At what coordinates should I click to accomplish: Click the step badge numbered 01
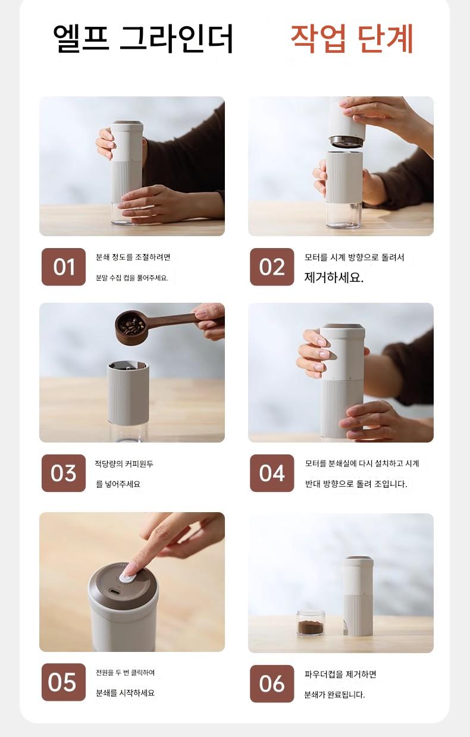tap(64, 267)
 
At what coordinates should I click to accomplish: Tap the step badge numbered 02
tap(272, 267)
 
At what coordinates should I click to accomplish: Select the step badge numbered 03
tap(64, 473)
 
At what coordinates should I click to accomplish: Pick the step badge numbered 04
tap(272, 473)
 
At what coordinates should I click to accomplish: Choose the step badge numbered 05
tap(64, 682)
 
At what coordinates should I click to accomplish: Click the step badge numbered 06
tap(272, 683)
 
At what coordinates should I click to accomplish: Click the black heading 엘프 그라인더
tap(143, 39)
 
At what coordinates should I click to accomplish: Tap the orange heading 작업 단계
tap(352, 39)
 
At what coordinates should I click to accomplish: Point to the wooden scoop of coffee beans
tap(155, 326)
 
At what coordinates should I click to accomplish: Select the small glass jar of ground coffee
tap(311, 623)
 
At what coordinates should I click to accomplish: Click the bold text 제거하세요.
tap(334, 278)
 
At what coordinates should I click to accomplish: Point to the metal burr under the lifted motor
tap(346, 142)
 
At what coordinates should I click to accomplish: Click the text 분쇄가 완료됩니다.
tap(334, 695)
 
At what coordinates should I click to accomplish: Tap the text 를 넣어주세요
tap(118, 484)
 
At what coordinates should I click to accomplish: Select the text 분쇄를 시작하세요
tap(125, 693)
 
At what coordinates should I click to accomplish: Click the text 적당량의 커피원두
tap(124, 463)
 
